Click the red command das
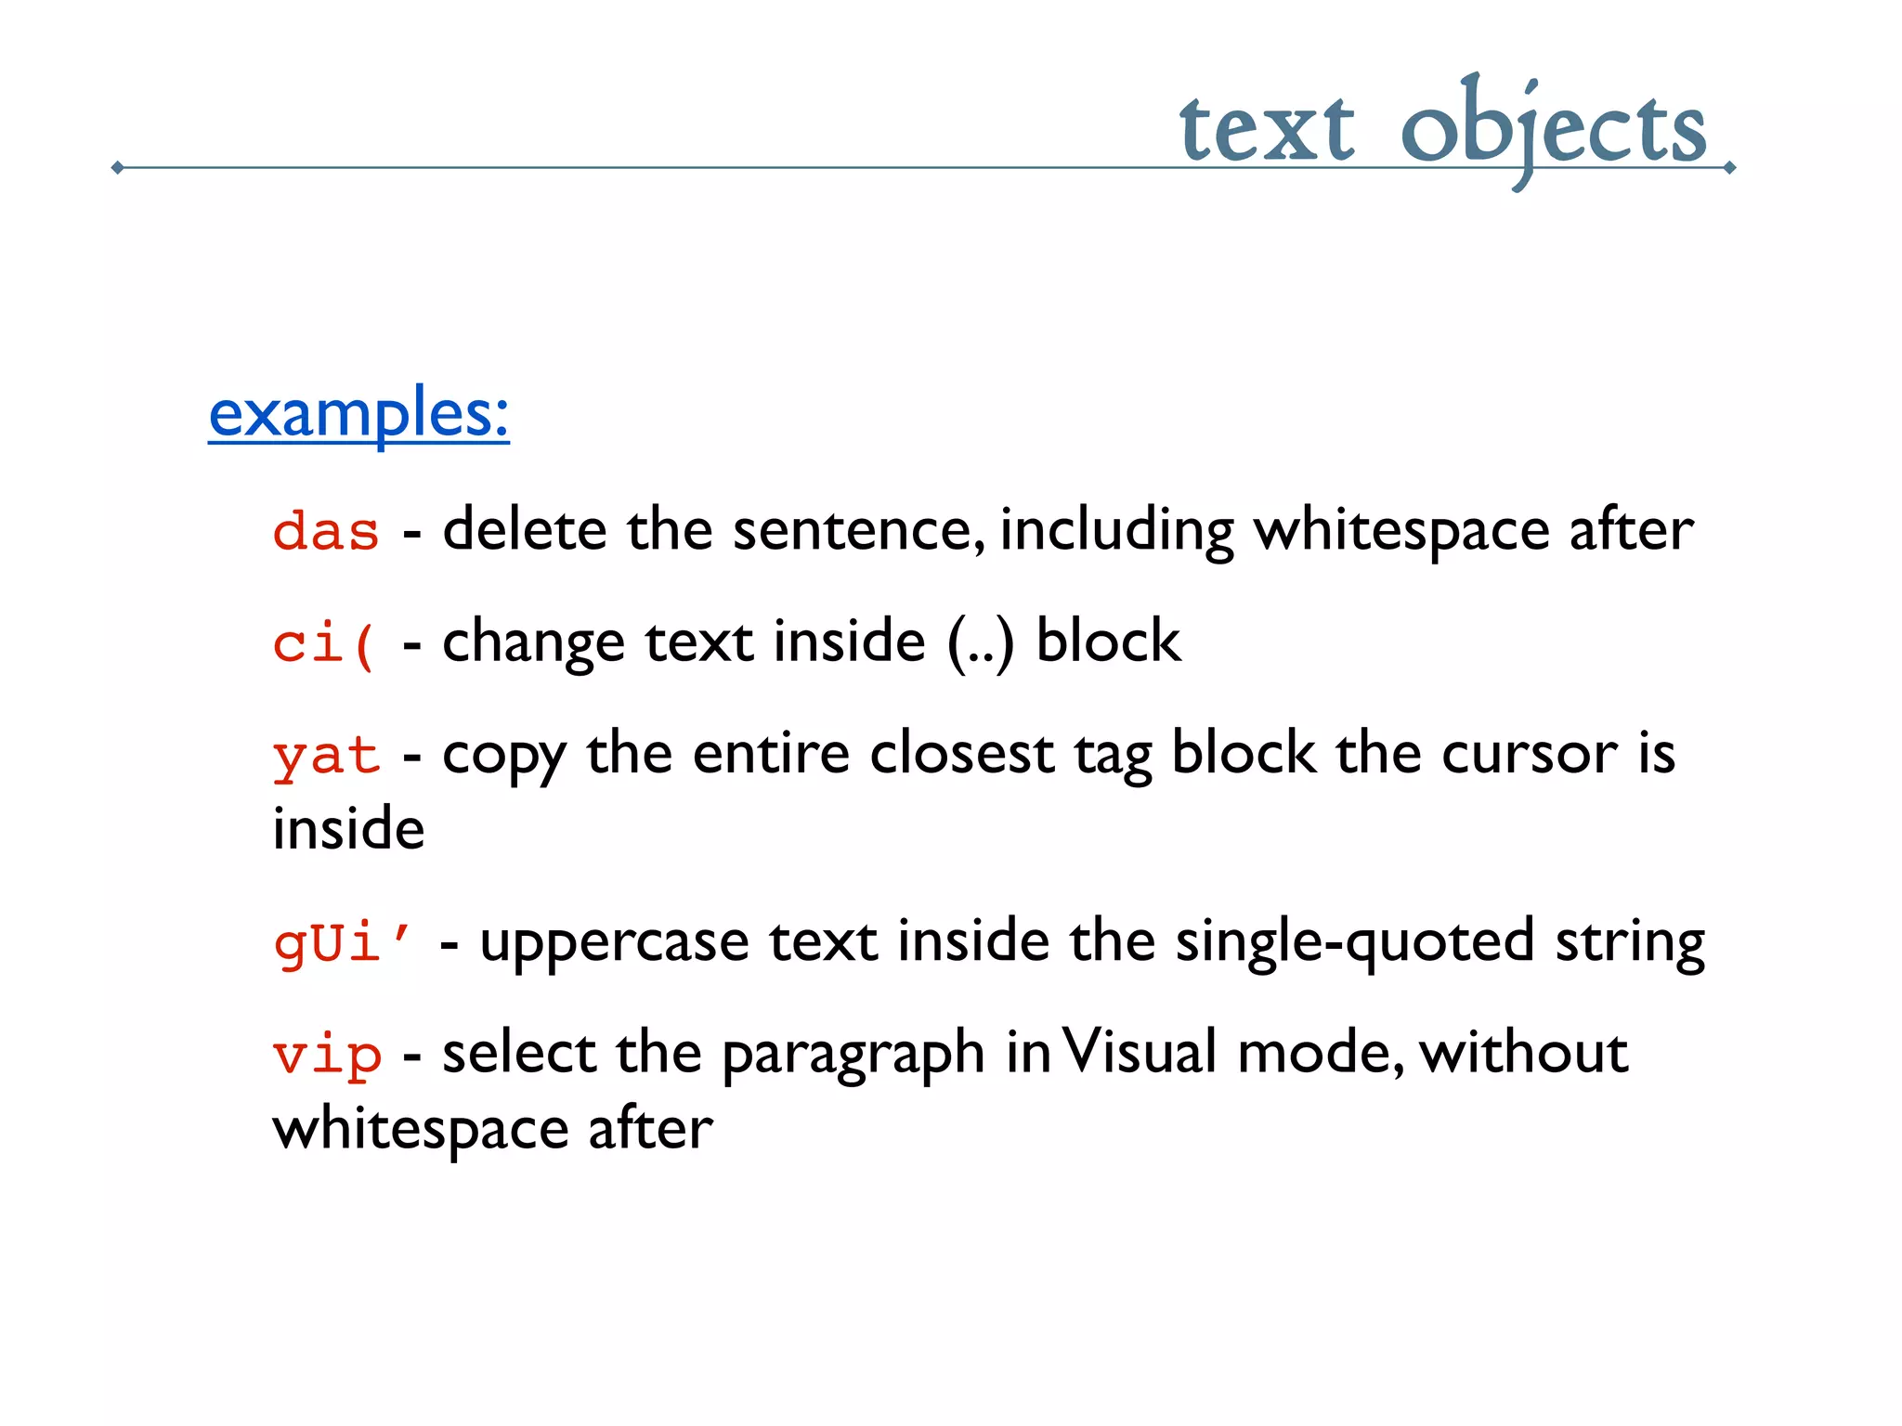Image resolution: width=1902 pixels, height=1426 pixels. (x=326, y=533)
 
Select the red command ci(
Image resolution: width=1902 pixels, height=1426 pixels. (x=325, y=643)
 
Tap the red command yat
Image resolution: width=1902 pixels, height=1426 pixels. (x=326, y=756)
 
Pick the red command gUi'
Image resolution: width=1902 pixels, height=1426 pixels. (x=342, y=943)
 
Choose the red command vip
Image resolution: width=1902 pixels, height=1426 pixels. (x=327, y=1056)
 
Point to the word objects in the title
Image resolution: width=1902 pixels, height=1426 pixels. (x=1553, y=130)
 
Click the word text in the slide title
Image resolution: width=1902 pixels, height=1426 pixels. (x=1267, y=130)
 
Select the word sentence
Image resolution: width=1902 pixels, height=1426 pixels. (x=858, y=531)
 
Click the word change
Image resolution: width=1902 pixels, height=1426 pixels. (x=533, y=643)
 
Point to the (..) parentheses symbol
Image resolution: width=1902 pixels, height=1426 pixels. (x=981, y=643)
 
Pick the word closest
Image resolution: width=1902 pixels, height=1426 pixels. (x=961, y=754)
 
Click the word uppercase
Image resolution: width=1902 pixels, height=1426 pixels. (x=614, y=943)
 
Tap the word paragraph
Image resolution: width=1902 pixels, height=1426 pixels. (x=853, y=1057)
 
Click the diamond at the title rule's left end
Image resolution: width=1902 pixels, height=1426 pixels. (x=117, y=168)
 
